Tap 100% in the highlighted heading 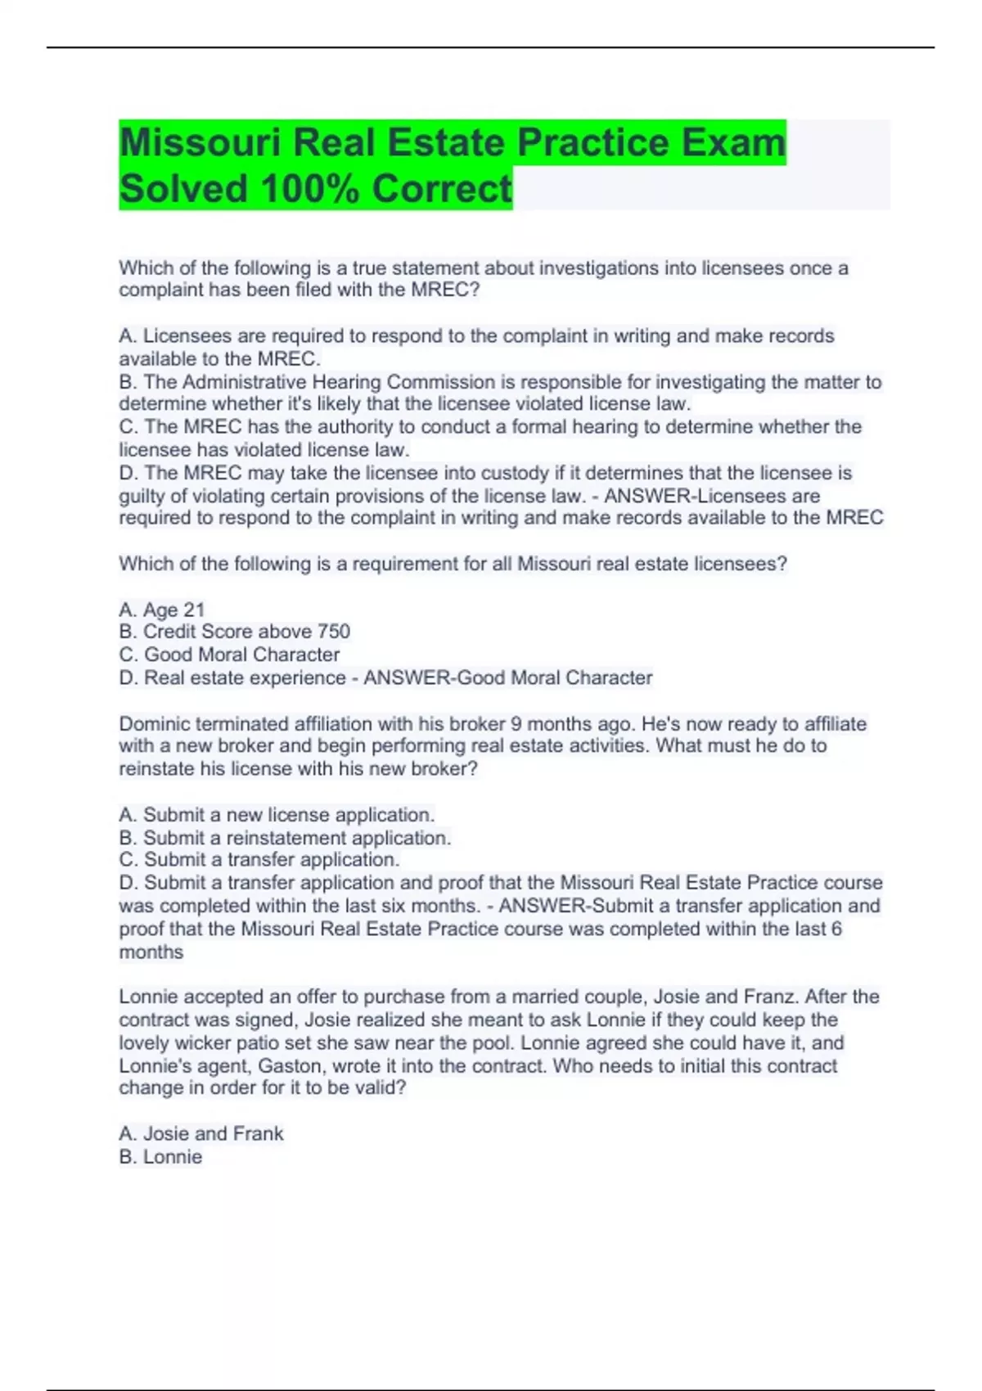click(310, 189)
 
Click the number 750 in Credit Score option click(333, 632)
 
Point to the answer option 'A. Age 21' click(161, 610)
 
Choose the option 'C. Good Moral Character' click(229, 655)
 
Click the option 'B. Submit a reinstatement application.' click(285, 838)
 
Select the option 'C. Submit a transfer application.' click(259, 860)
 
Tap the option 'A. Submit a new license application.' click(277, 815)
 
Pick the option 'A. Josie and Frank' click(200, 1133)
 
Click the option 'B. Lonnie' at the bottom click(160, 1157)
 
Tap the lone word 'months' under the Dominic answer click(151, 952)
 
